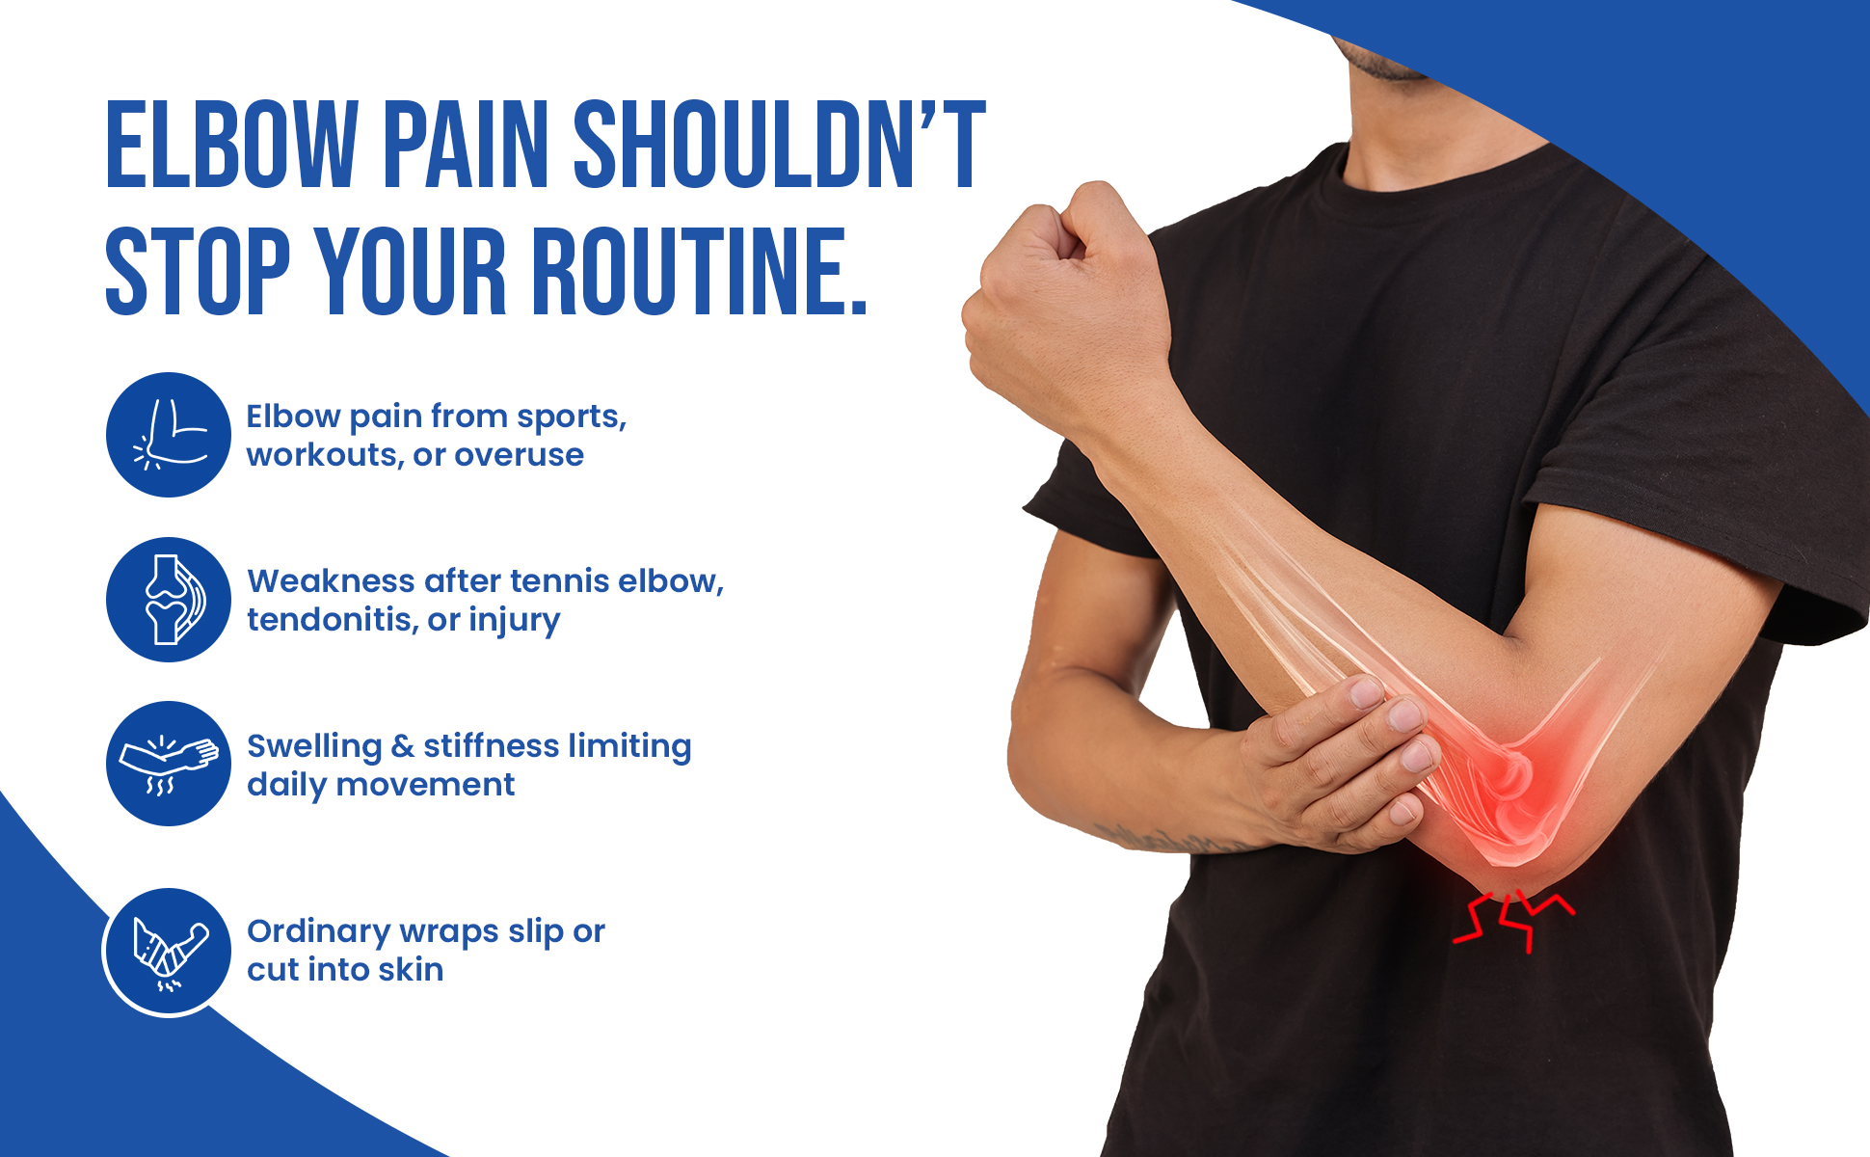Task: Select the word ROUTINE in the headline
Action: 700,272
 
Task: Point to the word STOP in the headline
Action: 198,272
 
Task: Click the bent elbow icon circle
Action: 169,435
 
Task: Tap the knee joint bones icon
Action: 169,600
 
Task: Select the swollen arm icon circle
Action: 169,764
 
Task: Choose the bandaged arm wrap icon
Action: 168,953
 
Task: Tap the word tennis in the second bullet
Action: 560,581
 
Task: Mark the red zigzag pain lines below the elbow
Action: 1511,921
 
